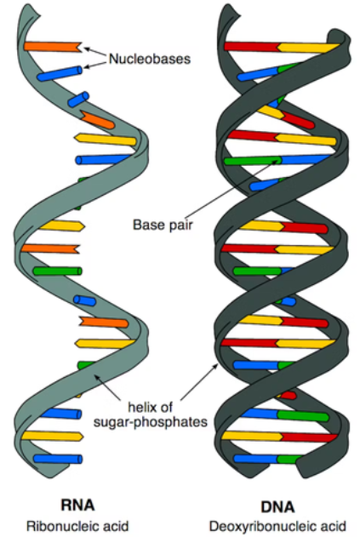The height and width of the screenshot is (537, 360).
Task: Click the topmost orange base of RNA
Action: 51,46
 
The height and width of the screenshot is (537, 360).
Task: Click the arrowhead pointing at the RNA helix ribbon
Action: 94,375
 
